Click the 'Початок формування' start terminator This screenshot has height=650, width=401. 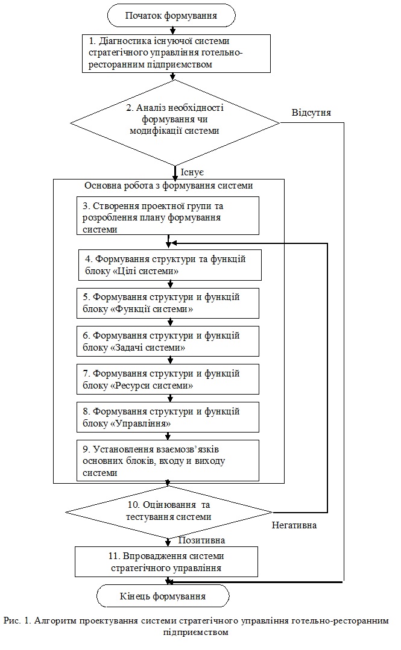click(x=171, y=16)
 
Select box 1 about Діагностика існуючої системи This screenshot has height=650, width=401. click(x=176, y=54)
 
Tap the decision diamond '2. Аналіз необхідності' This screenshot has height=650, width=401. click(x=175, y=123)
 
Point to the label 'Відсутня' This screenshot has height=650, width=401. click(x=311, y=113)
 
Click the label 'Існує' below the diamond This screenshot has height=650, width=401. click(x=192, y=172)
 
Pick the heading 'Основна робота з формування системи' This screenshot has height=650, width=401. click(x=168, y=186)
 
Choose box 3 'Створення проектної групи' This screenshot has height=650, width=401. click(x=168, y=216)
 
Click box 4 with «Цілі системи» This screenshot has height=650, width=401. click(x=170, y=265)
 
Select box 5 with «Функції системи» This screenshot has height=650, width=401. click(x=168, y=304)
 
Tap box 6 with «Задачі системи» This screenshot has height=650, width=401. click(x=168, y=341)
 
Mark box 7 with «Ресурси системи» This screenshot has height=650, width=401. click(x=168, y=380)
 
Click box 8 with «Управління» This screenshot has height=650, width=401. click(x=168, y=417)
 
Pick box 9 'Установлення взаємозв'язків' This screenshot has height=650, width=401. click(x=168, y=461)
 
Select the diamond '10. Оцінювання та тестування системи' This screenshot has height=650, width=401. click(x=169, y=513)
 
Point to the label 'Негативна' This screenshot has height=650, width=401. click(x=294, y=525)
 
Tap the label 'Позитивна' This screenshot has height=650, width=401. click(x=202, y=540)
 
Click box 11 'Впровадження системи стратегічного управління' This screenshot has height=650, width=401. click(x=166, y=561)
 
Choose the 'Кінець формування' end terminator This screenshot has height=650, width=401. click(x=163, y=596)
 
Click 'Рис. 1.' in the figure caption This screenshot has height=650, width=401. click(x=17, y=620)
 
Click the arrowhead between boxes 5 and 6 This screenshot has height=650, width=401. click(x=170, y=322)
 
